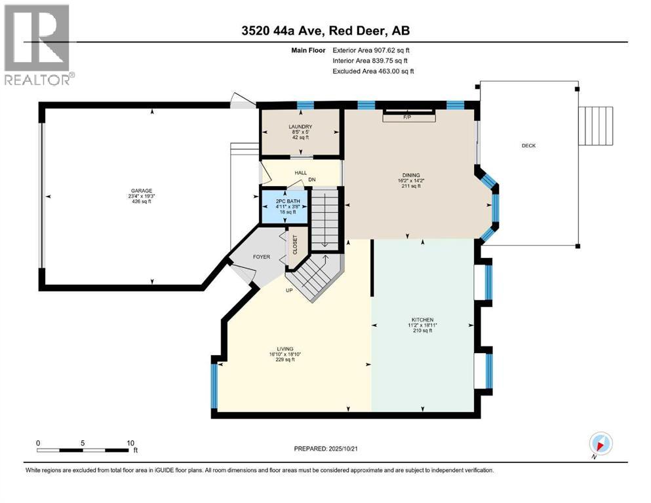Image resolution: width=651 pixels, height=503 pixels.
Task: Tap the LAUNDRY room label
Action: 300,126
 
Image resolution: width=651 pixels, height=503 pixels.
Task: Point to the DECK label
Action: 528,145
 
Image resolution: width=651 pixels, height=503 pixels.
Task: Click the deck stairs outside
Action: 597,126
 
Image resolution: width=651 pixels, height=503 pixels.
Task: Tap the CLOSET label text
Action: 295,246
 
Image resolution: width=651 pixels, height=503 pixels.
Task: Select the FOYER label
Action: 262,257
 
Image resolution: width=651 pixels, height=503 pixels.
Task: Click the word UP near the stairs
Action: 288,289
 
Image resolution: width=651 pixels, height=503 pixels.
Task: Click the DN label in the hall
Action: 312,178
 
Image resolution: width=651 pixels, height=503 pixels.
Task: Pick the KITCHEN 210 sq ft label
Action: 423,331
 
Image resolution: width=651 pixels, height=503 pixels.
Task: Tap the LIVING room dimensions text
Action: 285,354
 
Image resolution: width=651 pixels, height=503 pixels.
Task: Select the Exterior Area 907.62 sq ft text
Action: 373,50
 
